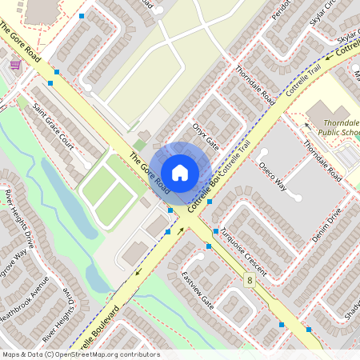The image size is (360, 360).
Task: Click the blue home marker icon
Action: (180, 172)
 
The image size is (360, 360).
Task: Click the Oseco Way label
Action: (272, 175)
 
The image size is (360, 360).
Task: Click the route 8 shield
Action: (250, 280)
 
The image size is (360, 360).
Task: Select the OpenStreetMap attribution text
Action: (80, 354)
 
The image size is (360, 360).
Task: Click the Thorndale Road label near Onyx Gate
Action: (254, 86)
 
